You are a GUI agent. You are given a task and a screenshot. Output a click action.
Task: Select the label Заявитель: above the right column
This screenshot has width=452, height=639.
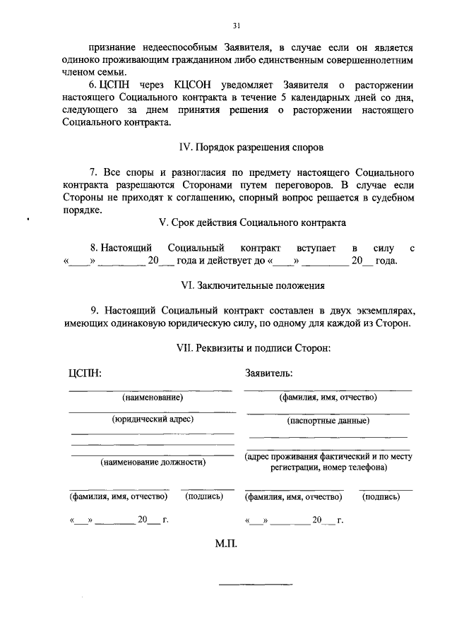(268, 373)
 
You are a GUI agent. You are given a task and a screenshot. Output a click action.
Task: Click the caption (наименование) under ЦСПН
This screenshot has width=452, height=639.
(152, 398)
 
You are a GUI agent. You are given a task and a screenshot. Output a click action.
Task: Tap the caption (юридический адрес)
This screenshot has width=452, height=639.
(153, 419)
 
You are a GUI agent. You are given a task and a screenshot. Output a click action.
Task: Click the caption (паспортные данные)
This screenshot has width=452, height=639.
(328, 421)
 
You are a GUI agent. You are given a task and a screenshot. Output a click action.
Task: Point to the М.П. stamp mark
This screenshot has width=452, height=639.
(229, 546)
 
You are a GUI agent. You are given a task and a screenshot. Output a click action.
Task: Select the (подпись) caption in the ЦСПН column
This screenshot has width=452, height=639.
(204, 496)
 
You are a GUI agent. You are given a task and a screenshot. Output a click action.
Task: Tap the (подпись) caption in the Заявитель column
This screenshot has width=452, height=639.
(381, 496)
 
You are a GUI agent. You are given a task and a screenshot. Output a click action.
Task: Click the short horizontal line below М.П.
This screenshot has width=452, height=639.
(255, 585)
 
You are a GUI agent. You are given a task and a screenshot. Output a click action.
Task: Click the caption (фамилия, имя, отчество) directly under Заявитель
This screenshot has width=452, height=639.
(328, 398)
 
